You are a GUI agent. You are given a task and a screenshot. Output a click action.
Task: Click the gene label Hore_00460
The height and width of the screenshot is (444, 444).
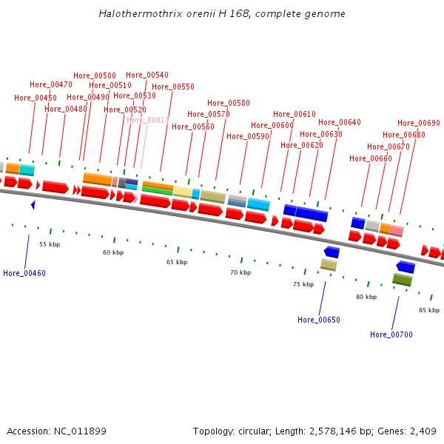point(24,273)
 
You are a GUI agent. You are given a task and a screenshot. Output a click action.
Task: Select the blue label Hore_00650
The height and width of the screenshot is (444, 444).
point(319,320)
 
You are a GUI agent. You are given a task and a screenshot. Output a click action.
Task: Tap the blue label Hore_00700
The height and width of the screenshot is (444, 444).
point(391,334)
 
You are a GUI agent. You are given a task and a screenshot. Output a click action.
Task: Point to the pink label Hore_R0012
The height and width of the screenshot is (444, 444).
point(148,120)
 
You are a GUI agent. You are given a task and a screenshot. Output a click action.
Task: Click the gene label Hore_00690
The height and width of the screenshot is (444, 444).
point(419,124)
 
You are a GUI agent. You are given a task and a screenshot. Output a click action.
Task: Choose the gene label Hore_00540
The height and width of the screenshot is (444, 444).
point(147,75)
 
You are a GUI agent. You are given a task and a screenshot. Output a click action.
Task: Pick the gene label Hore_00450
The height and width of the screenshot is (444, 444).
point(36,98)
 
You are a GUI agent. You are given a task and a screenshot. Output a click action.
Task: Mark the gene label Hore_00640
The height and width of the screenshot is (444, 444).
point(340,123)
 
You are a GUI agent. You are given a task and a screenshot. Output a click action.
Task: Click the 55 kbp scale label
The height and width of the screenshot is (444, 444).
point(50,243)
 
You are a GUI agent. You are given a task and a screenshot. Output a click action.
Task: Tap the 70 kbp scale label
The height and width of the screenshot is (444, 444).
point(240,272)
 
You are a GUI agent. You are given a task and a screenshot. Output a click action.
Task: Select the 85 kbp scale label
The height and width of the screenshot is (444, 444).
point(429,310)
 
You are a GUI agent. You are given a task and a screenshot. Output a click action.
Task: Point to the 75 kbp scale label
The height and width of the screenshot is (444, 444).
point(303,284)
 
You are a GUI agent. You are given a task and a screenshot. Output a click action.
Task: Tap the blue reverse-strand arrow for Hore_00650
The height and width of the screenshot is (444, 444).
point(332,252)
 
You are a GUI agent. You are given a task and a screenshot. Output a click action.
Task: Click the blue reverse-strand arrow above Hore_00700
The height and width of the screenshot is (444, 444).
point(406,266)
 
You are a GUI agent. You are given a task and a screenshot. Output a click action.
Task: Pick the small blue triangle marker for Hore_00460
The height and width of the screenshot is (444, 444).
point(33,204)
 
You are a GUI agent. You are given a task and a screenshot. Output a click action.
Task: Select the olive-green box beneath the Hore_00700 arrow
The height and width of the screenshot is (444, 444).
point(402,280)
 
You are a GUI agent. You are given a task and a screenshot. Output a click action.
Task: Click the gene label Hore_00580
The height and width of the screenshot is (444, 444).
point(229,103)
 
